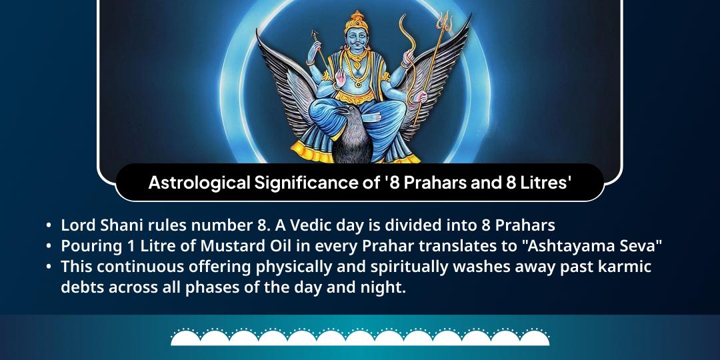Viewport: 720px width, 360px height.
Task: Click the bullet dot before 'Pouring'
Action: (x=49, y=246)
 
